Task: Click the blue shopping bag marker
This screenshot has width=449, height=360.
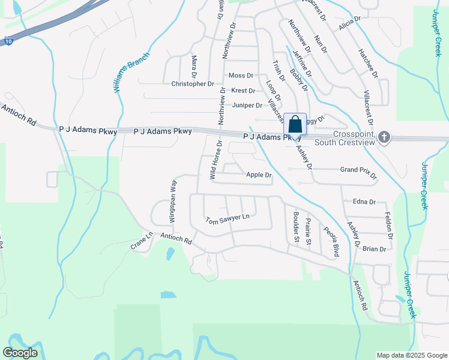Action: coord(295,124)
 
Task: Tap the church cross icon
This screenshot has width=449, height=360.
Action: coord(385,137)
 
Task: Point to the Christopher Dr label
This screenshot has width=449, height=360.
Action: coord(192,84)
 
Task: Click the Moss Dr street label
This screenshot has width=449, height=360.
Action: coord(241,76)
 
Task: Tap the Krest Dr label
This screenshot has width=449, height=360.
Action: coord(243,91)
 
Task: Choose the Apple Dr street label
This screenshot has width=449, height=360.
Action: coord(259,175)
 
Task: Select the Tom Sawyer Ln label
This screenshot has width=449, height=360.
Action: coord(227,221)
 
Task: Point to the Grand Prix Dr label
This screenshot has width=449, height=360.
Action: coord(358,172)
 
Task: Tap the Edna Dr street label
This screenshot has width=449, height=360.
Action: coord(364,202)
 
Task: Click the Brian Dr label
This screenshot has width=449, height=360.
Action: coord(374,248)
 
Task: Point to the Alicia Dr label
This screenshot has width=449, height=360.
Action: coord(349,23)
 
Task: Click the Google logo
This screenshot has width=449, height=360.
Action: coord(20,353)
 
